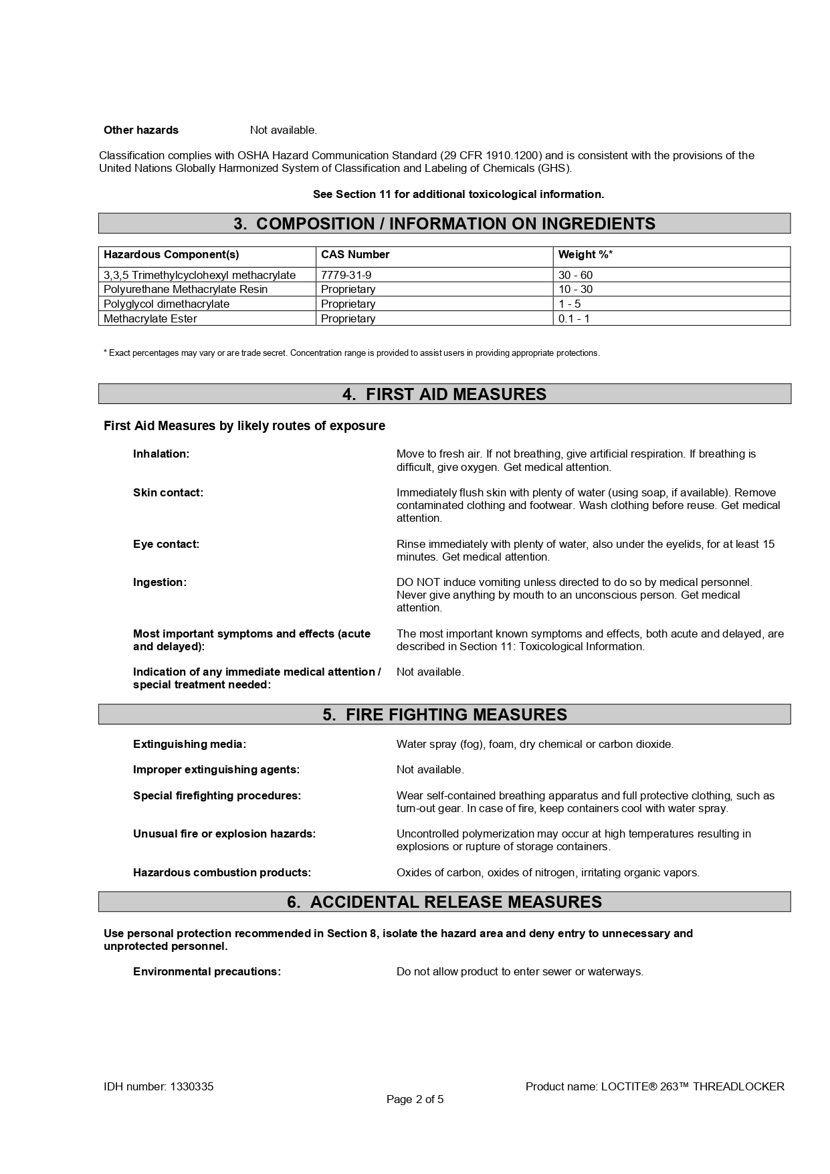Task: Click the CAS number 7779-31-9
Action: coord(346,275)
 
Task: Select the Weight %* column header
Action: coord(585,255)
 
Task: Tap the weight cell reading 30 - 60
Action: coord(575,275)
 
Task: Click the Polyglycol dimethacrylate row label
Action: coord(167,304)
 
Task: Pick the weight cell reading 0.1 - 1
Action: coord(574,318)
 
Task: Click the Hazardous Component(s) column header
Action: coord(171,255)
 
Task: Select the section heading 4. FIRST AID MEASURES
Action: coord(444,394)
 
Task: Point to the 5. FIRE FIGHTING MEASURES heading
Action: coord(444,714)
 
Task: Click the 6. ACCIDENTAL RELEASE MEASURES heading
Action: coord(444,902)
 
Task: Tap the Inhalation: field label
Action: coord(161,454)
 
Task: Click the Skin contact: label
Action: coord(168,493)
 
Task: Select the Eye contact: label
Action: coord(166,545)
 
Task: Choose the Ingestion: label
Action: coord(160,583)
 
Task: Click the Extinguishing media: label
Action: coord(189,745)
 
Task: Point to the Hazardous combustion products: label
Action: coord(222,873)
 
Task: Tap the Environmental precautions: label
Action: coord(207,972)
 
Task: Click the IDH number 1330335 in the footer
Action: coord(159,1087)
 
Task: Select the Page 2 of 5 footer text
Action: coord(415,1100)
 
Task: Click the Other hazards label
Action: coord(141,130)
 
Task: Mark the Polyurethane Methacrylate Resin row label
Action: coord(185,290)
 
